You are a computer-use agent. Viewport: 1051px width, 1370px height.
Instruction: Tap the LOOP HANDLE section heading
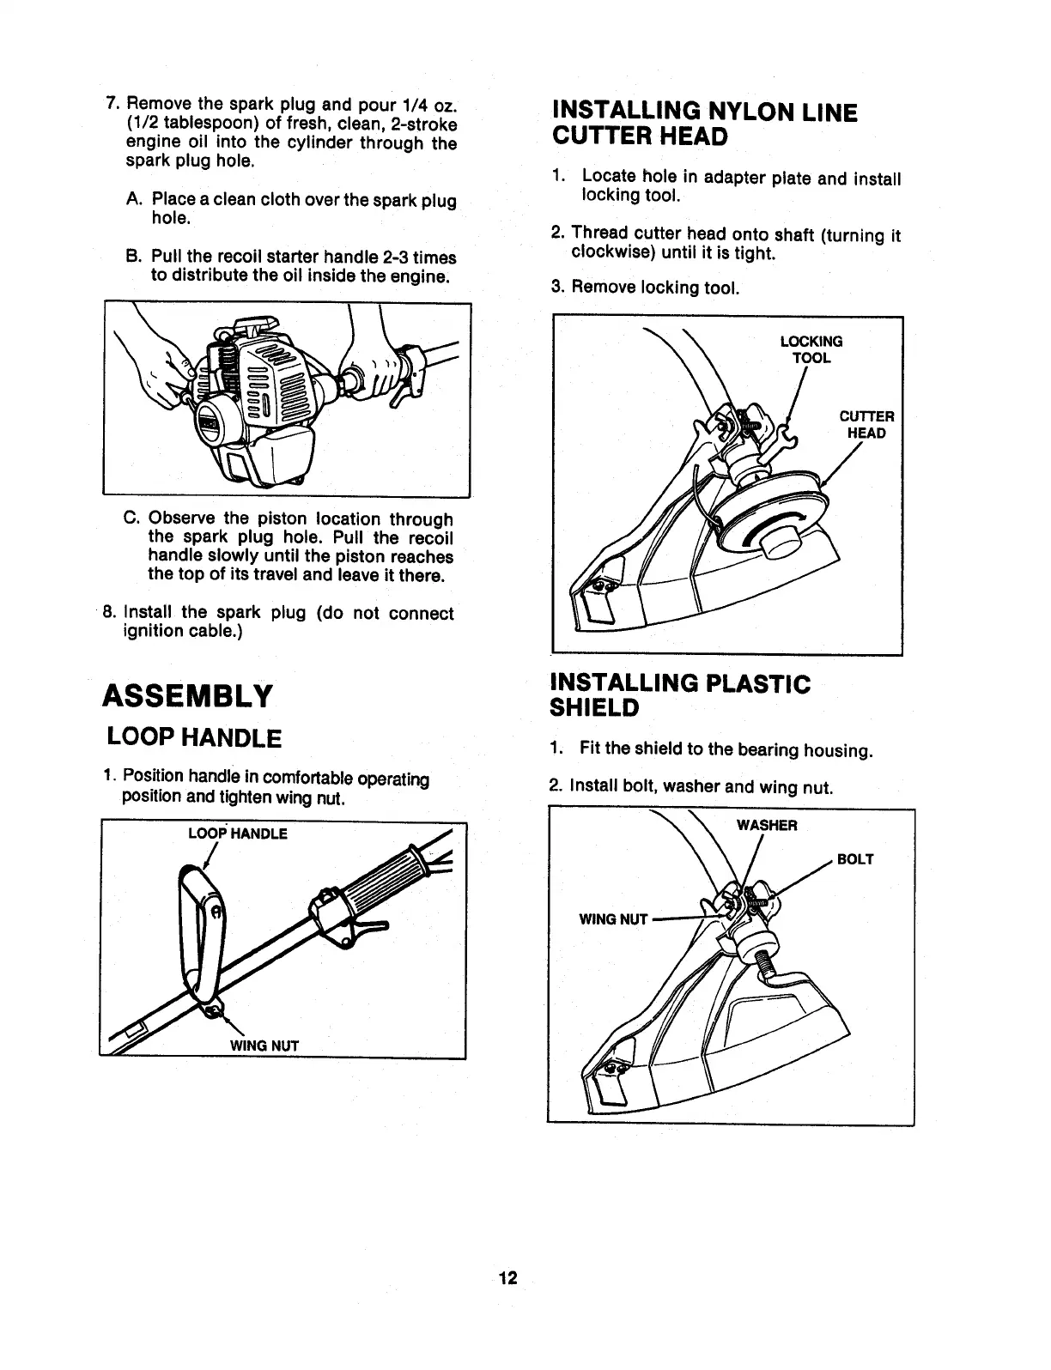pos(193,737)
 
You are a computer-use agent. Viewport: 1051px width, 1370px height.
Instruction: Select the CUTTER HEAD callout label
pos(866,425)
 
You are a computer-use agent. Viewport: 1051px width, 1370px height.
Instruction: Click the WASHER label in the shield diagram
pos(767,826)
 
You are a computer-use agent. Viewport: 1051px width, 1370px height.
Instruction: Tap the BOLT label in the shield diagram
pos(855,859)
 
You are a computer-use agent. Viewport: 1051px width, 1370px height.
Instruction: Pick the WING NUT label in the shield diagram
pos(613,919)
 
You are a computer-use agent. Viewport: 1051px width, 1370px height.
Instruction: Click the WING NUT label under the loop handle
pos(263,1046)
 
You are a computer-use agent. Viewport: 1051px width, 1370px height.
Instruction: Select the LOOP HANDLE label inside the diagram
pos(238,834)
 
